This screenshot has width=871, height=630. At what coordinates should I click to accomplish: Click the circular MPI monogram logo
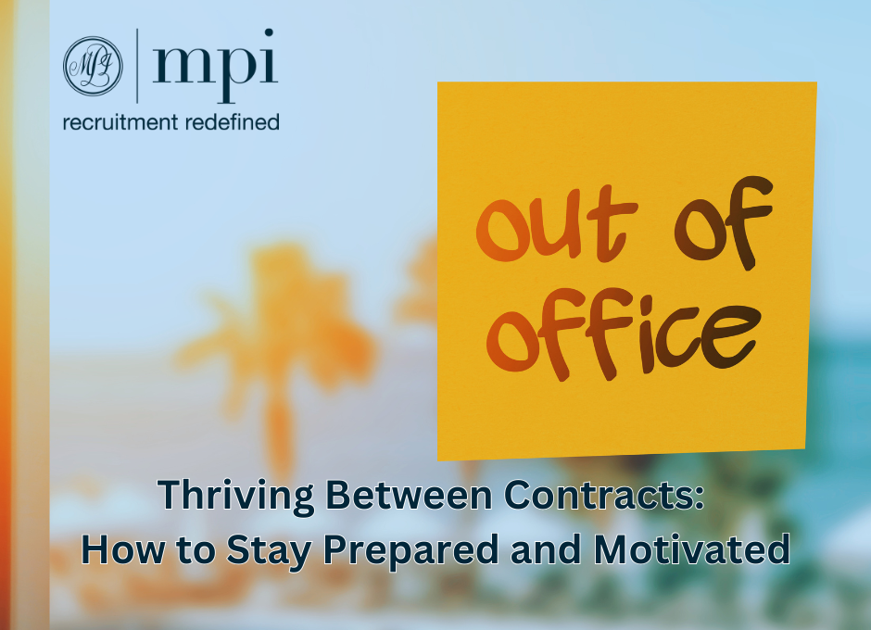point(93,66)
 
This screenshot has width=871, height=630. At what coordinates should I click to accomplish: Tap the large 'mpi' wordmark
point(215,66)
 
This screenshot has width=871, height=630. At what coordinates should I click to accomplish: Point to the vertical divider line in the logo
point(137,66)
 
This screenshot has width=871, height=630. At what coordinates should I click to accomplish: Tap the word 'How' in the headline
point(123,549)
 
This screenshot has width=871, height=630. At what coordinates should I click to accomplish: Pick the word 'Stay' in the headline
point(269,551)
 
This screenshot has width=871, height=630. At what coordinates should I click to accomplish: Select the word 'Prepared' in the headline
point(411,551)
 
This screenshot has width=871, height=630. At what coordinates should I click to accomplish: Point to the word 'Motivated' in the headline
point(691,549)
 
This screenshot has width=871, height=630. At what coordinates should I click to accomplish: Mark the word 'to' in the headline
point(196,550)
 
